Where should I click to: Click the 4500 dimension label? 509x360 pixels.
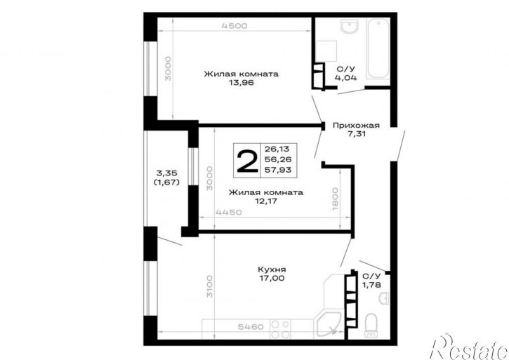[234, 26]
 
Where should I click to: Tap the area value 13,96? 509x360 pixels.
[242, 83]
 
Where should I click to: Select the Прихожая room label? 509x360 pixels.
[356, 126]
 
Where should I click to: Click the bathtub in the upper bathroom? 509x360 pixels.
[378, 48]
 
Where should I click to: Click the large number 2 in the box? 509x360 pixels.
[247, 161]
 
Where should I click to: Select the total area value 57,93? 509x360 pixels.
[278, 169]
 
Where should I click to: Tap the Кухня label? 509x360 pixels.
[272, 269]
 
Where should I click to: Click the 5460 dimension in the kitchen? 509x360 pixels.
[251, 326]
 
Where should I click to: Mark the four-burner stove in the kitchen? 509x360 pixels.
[280, 329]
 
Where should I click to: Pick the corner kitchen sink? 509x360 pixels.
[329, 325]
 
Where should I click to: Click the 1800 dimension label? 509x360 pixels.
[336, 199]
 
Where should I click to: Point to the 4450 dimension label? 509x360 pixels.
[229, 213]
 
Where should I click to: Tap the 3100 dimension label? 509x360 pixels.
[210, 286]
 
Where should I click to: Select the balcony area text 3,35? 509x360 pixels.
[167, 173]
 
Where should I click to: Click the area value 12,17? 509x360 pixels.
[266, 201]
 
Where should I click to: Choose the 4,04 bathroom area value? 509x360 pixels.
[345, 78]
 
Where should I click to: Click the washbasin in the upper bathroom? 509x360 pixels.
[350, 26]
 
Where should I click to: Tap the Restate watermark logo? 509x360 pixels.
[469, 347]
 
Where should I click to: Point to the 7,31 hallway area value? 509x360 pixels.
[356, 134]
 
